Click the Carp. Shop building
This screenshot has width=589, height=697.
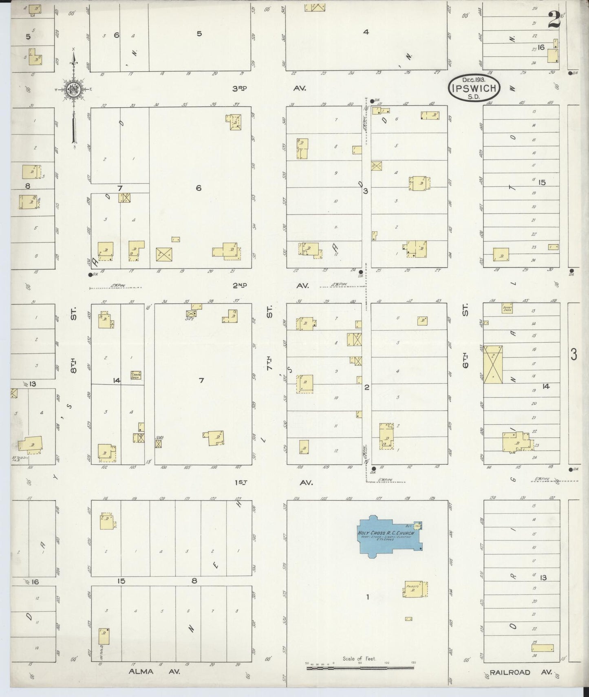pos(136,375)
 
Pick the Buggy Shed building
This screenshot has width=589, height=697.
pos(507,309)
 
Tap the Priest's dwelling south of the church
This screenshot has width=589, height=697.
pos(415,589)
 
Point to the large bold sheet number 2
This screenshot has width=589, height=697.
pos(553,20)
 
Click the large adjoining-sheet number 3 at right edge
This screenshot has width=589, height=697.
pos(574,355)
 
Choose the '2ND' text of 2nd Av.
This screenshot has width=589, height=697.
pos(240,286)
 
